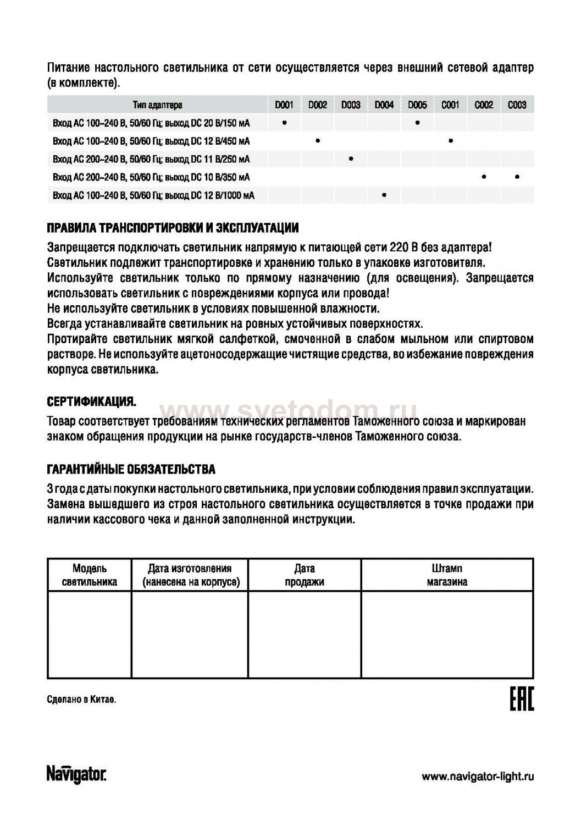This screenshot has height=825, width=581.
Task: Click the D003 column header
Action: click(x=351, y=105)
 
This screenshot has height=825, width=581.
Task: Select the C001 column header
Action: click(x=450, y=105)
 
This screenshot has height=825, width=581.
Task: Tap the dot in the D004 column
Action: click(x=384, y=195)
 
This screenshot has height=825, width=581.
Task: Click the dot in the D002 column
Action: click(x=318, y=141)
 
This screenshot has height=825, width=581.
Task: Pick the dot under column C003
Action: click(x=517, y=177)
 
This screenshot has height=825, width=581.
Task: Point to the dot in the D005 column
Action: click(x=418, y=123)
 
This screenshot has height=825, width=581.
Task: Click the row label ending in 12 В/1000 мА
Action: click(x=153, y=195)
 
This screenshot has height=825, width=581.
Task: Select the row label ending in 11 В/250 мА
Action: click(x=151, y=159)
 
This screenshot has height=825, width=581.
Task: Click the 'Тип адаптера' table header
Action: click(x=157, y=105)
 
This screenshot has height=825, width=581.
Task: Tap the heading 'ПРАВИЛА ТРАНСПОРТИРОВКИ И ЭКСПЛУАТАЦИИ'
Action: click(x=173, y=228)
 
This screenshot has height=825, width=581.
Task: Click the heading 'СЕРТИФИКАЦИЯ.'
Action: click(x=92, y=403)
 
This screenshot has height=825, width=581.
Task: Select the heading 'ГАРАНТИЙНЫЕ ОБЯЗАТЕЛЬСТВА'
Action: click(x=131, y=470)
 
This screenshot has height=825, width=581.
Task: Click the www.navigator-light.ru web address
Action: click(x=478, y=777)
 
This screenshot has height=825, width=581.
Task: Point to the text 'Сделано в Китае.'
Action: click(x=82, y=700)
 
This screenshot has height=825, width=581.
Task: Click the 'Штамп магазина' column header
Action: click(x=447, y=575)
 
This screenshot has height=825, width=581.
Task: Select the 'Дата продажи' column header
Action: click(x=305, y=575)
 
